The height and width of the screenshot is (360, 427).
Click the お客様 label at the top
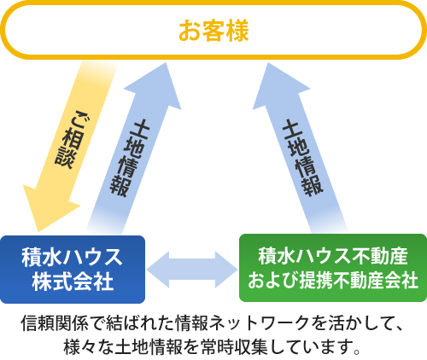click(213, 31)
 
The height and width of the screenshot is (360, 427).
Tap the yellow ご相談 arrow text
click(71, 139)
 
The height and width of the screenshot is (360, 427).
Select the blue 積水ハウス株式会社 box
click(73, 269)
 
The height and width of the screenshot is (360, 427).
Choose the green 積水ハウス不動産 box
click(333, 268)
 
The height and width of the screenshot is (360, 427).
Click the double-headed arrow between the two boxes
click(192, 270)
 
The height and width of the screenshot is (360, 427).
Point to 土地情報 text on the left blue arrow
click(130, 158)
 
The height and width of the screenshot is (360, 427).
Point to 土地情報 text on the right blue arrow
click(302, 158)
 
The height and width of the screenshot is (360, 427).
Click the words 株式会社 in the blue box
click(73, 282)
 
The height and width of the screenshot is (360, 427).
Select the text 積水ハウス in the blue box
click(72, 257)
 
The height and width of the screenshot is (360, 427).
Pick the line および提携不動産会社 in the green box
click(333, 280)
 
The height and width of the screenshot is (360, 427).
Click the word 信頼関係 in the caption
click(55, 323)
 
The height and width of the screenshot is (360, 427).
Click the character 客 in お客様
click(213, 31)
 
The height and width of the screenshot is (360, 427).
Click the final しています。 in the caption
click(314, 346)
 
